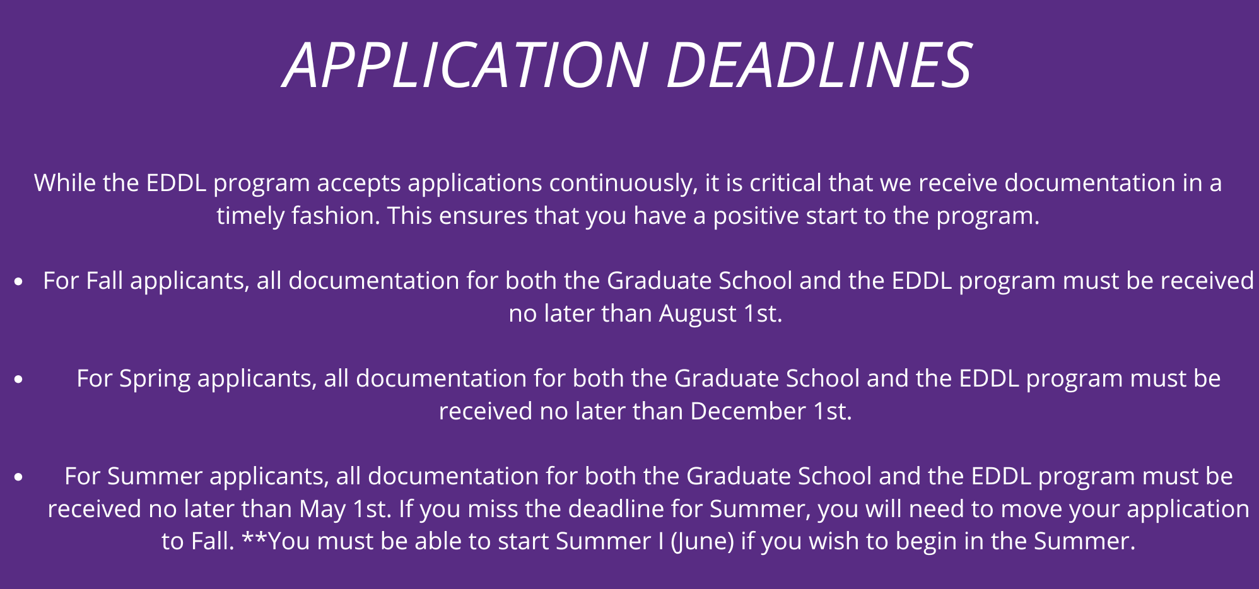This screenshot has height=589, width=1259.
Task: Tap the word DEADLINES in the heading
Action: click(x=819, y=65)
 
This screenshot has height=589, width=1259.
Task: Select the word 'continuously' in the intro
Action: click(x=623, y=183)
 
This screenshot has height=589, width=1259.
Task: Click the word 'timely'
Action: click(x=251, y=216)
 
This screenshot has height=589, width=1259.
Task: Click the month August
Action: click(x=698, y=314)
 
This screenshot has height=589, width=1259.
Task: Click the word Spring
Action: click(x=155, y=379)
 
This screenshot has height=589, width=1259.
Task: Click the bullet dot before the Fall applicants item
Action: click(x=19, y=282)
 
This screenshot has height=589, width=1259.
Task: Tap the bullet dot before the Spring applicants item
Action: click(x=19, y=380)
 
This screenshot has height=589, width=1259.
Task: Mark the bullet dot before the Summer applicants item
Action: click(x=19, y=477)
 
